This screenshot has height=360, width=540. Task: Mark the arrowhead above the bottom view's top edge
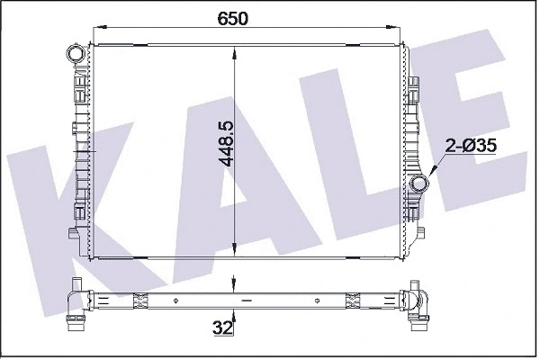236,287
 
